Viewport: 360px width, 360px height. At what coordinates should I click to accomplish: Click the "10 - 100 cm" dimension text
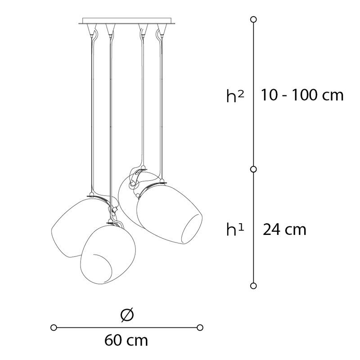point(302,94)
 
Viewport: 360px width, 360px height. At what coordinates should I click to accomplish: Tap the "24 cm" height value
point(284,229)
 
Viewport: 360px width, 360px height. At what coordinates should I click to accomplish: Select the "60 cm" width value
point(126,340)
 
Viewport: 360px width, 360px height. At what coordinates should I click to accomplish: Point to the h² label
point(235,95)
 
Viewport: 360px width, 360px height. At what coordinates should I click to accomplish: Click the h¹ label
point(235,229)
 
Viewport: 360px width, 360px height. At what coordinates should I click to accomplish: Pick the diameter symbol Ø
point(127,315)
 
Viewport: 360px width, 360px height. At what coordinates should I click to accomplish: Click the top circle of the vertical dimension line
point(253,19)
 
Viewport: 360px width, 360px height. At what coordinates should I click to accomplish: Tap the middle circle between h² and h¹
point(253,169)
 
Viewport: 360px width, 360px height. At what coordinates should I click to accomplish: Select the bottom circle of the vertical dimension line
point(253,286)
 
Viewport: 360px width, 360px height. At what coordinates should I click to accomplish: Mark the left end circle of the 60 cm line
point(54,328)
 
